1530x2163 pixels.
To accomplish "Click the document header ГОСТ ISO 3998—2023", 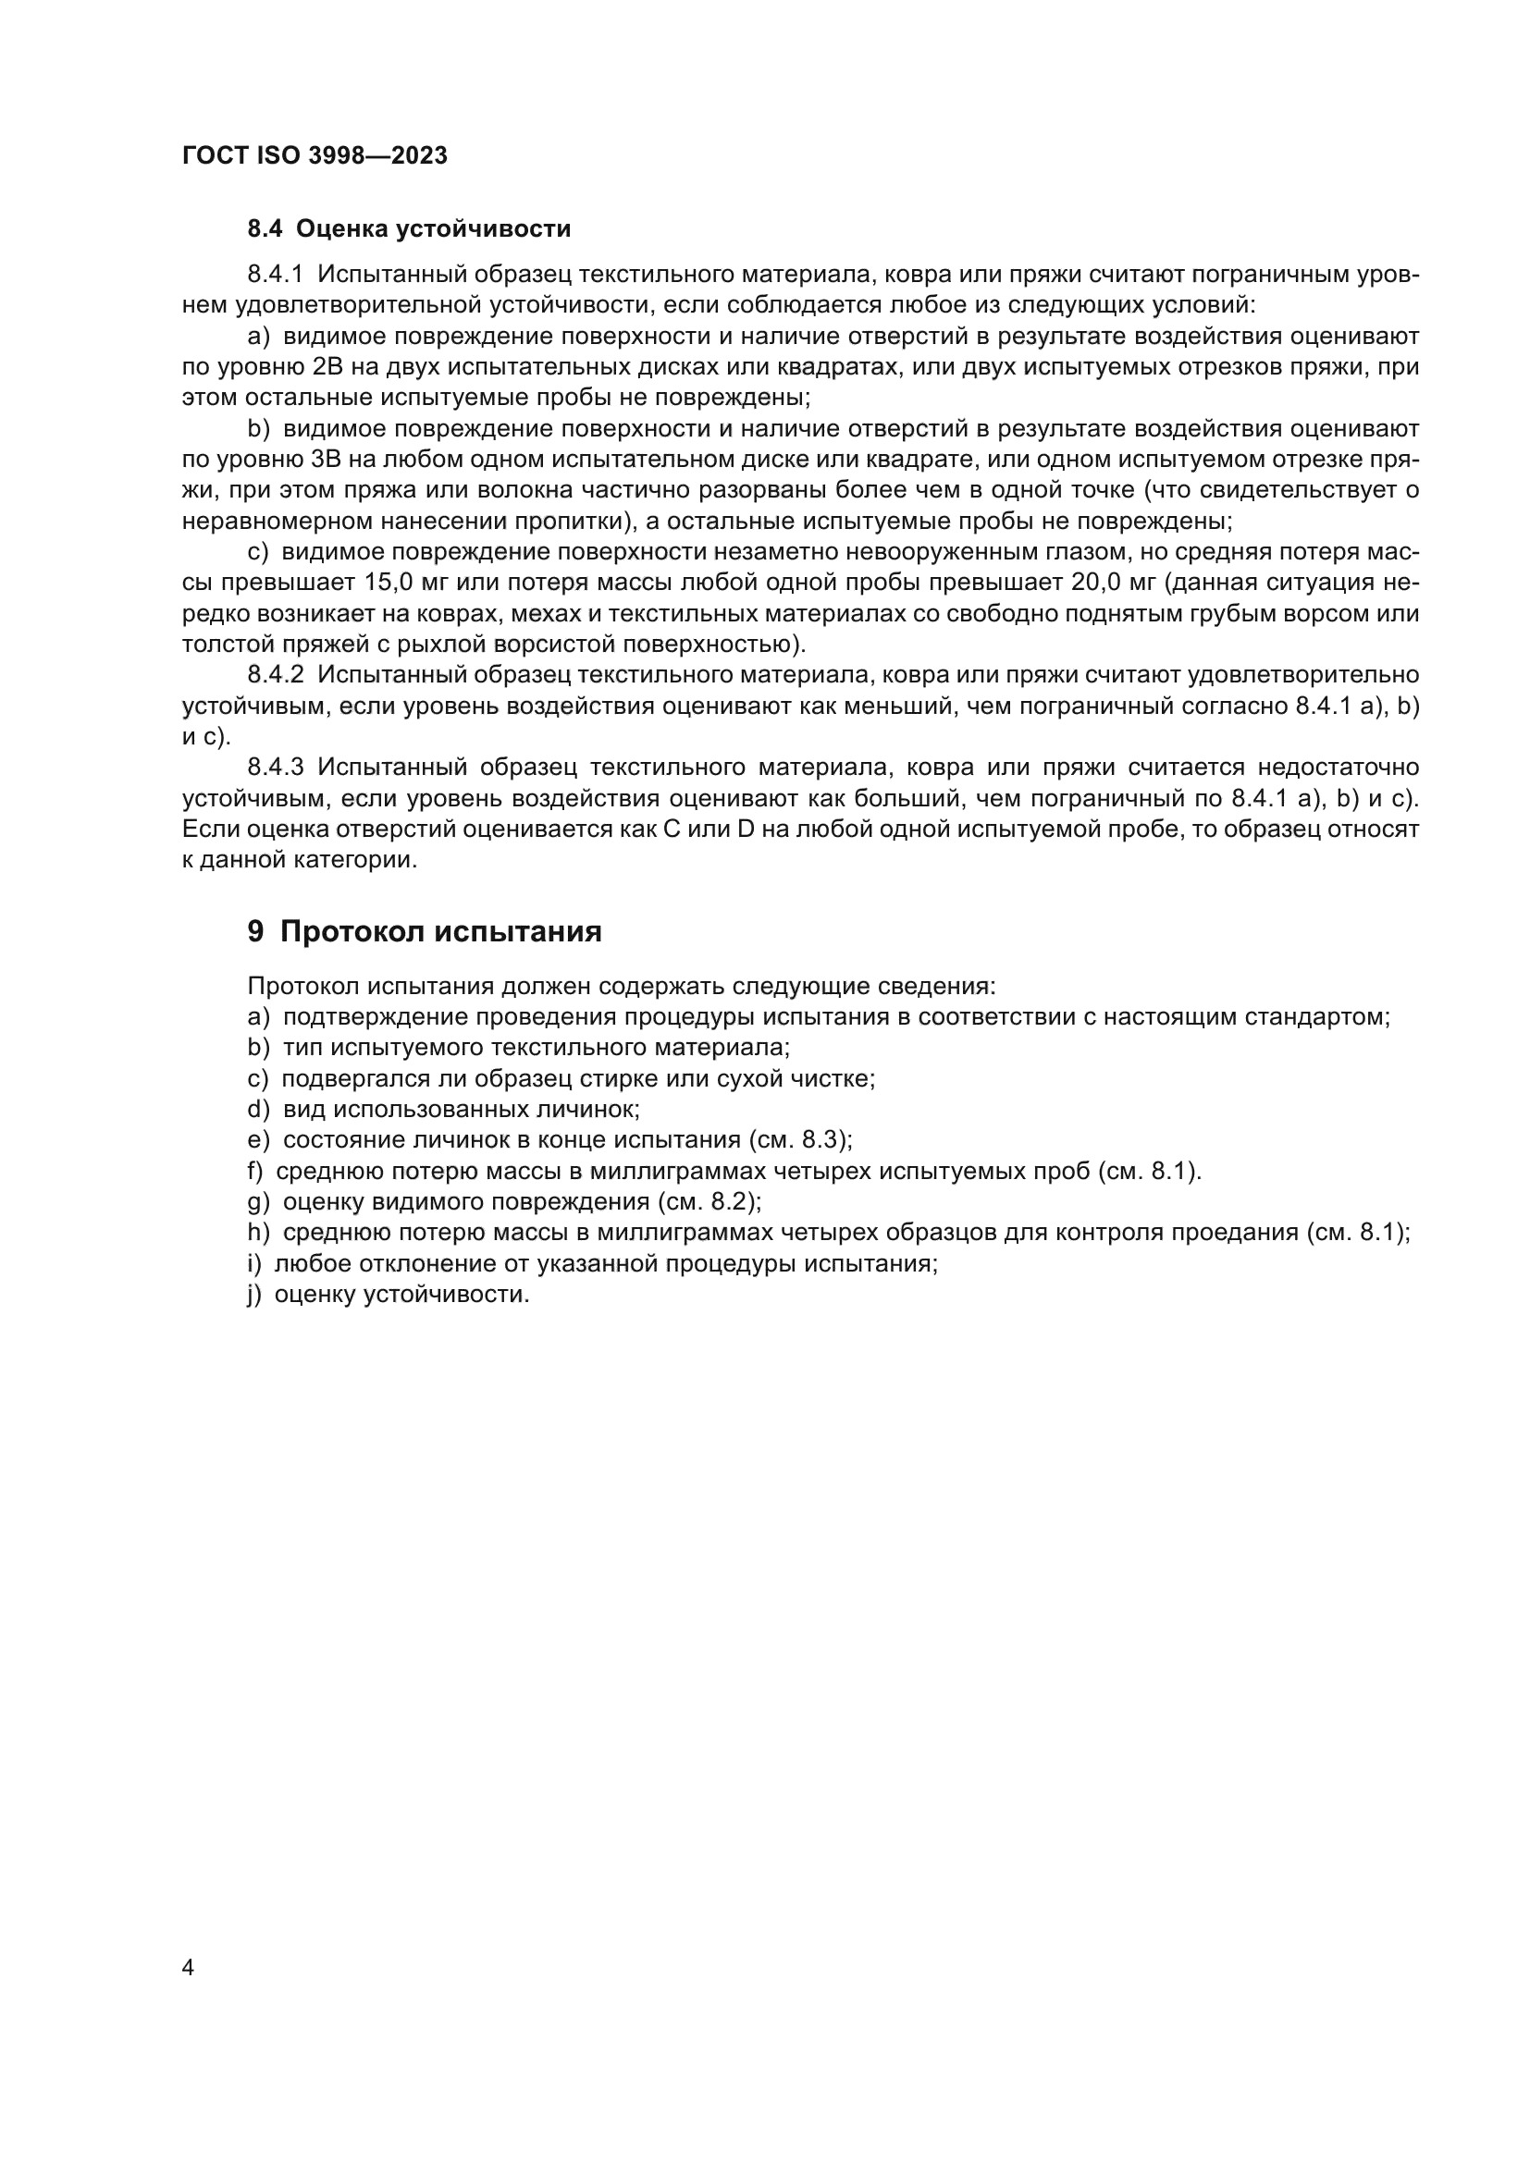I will (x=315, y=156).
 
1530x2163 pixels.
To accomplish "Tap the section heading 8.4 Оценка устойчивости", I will (x=409, y=229).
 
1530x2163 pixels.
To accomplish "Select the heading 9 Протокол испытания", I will (x=424, y=932).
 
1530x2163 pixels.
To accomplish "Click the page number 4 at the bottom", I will (x=188, y=1968).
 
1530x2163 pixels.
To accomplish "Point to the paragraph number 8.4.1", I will (x=274, y=275).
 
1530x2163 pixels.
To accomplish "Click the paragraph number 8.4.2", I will (x=274, y=675).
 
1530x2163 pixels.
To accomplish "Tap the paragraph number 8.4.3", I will (x=274, y=768).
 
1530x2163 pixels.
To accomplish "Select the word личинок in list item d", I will (x=596, y=1110).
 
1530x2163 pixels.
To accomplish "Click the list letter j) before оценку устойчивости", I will (x=254, y=1296).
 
